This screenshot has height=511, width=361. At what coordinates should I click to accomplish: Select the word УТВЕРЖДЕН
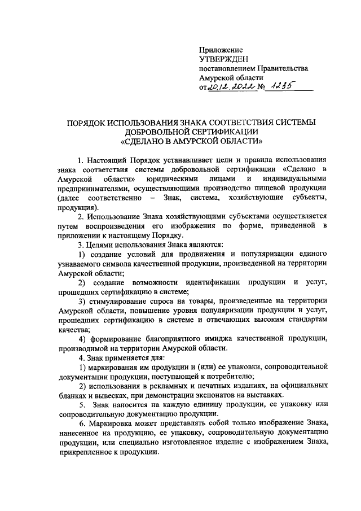(223, 60)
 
